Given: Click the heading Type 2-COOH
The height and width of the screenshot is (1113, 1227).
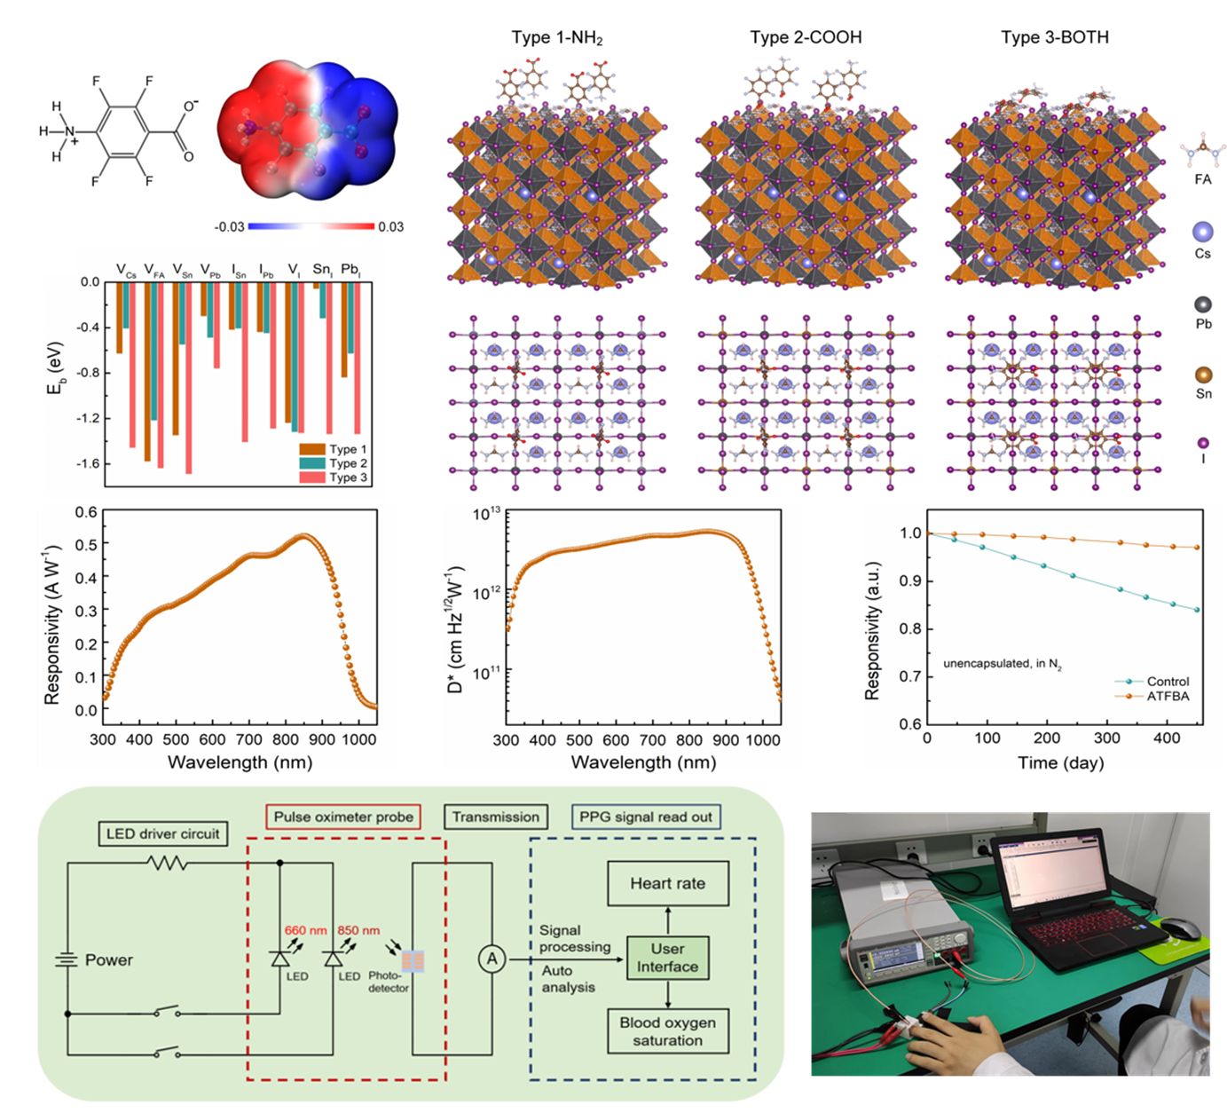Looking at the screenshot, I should click(x=806, y=37).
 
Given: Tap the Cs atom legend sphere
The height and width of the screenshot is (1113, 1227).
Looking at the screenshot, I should click(x=1203, y=232).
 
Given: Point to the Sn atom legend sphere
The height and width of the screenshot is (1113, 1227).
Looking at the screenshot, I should click(x=1203, y=375).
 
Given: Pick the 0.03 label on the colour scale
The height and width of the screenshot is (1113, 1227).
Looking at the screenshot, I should click(x=390, y=227).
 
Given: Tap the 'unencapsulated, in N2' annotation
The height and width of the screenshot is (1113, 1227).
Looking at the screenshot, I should click(x=1003, y=664).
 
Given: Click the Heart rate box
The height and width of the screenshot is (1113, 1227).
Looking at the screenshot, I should click(x=667, y=884).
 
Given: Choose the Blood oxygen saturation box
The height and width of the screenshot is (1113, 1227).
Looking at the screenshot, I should click(x=667, y=1031).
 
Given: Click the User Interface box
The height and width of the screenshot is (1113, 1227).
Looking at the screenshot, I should click(x=667, y=958).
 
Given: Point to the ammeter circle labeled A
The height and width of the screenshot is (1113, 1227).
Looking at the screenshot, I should click(x=492, y=959).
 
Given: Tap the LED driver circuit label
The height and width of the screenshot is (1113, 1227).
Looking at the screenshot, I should click(x=162, y=833).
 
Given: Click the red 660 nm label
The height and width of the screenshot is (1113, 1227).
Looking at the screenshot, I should click(x=305, y=930).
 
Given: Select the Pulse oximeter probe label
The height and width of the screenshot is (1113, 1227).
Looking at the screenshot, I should click(x=343, y=817).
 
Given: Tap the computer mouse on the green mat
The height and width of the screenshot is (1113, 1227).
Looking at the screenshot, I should click(x=1179, y=929).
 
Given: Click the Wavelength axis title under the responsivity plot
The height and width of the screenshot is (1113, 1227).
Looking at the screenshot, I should click(x=240, y=762).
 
